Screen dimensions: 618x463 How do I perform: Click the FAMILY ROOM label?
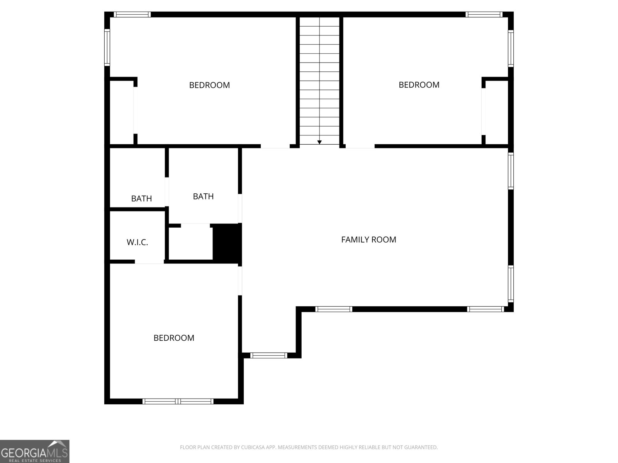click(368, 240)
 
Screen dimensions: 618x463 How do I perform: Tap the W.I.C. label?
click(138, 242)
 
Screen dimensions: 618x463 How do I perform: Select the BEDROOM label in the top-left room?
click(209, 85)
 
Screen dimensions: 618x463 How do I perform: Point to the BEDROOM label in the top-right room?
click(419, 85)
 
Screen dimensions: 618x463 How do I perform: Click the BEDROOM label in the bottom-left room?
click(174, 338)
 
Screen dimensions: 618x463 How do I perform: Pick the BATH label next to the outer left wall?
click(142, 199)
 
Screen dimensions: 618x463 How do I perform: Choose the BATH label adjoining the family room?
click(203, 196)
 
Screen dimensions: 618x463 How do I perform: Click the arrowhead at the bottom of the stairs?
click(319, 142)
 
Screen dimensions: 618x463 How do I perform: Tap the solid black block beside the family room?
click(227, 243)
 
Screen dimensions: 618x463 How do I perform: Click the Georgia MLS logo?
click(35, 451)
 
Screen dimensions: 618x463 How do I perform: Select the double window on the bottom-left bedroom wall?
click(178, 401)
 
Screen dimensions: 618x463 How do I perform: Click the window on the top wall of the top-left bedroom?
click(132, 15)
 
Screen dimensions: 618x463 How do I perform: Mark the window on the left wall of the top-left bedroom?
click(107, 48)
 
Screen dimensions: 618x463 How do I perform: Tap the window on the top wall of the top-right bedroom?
click(484, 15)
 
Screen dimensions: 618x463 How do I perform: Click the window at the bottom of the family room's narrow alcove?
click(268, 355)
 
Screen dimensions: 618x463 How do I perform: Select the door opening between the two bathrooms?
click(167, 192)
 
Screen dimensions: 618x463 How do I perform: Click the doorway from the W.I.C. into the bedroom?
click(149, 262)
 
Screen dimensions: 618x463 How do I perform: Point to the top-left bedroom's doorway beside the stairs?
click(275, 146)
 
